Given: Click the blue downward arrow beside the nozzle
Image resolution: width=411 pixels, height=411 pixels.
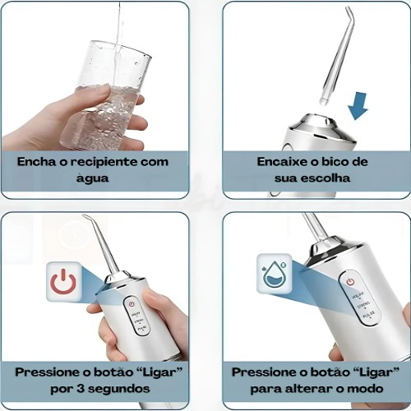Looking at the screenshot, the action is (x=358, y=106).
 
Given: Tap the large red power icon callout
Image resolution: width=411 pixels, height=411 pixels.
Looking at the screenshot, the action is (x=63, y=282).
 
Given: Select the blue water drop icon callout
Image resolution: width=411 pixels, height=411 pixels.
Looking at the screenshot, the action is (x=275, y=273).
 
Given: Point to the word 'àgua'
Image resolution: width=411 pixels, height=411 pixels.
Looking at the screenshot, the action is (x=92, y=178).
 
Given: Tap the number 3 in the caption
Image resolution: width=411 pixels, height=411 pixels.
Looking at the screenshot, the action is (x=81, y=389).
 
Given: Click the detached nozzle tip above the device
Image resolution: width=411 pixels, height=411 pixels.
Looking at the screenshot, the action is (x=336, y=56).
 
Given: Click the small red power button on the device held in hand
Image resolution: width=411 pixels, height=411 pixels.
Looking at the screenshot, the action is (x=132, y=304).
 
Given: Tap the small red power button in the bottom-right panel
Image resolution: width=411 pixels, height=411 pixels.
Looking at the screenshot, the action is (x=350, y=282).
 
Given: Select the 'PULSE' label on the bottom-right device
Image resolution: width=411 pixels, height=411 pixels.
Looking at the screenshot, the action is (x=369, y=314).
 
